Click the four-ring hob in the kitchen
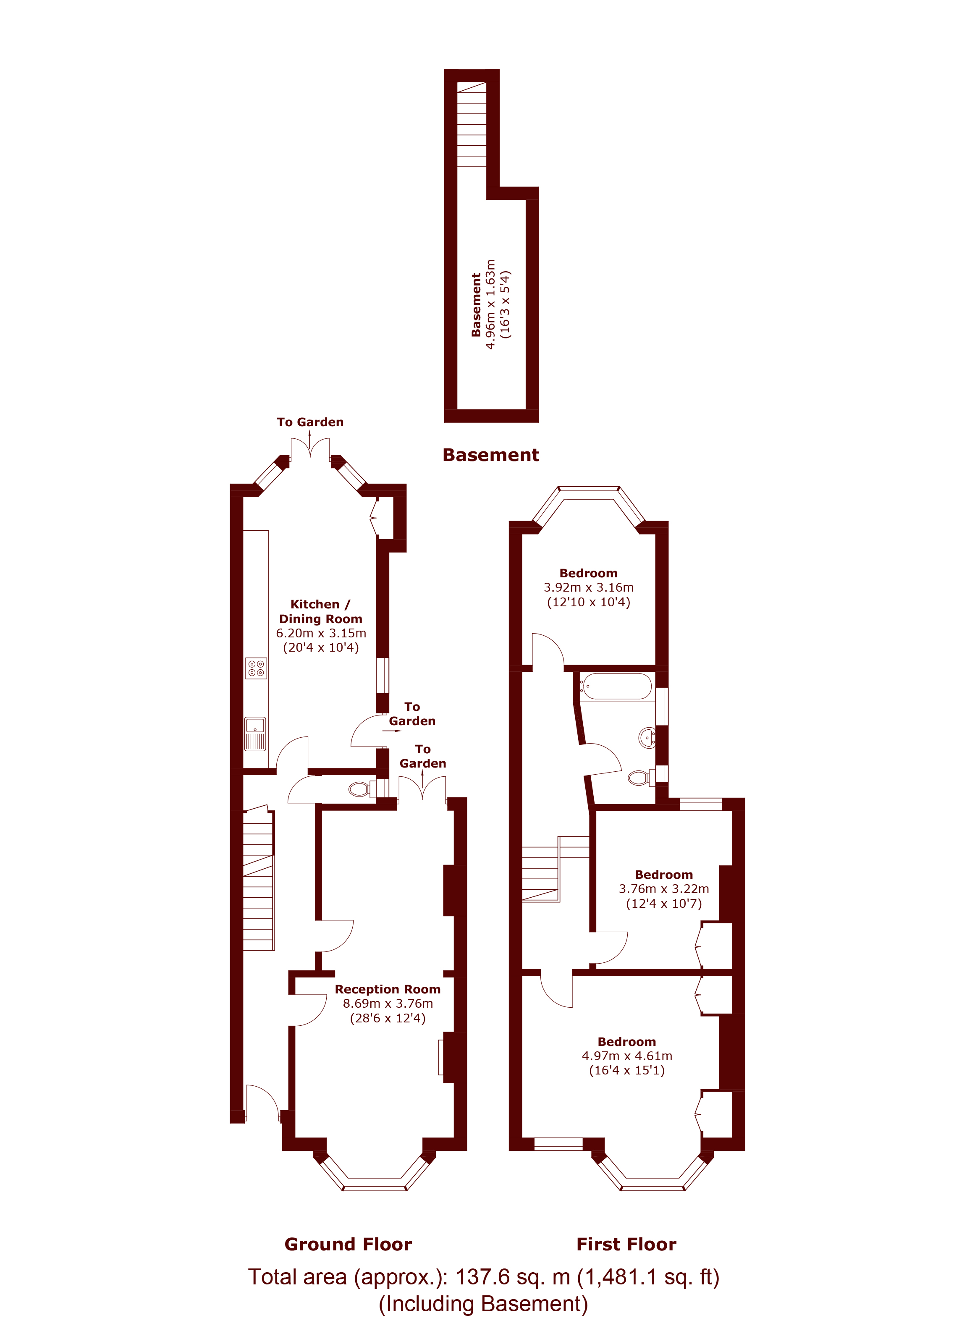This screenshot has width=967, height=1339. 256,668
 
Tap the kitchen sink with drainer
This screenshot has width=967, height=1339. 256,734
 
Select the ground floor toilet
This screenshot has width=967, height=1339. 362,789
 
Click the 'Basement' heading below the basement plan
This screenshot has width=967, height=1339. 490,455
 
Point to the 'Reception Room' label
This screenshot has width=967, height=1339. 388,989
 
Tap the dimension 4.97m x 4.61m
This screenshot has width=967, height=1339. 627,1056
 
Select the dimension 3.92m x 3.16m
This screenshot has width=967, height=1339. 589,587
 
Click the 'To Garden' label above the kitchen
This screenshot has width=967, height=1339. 310,422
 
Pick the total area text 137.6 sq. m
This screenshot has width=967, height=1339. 512,1277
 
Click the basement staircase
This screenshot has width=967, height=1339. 472,125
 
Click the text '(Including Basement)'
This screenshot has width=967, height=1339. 484,1304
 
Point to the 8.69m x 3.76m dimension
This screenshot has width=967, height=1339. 388,1003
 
